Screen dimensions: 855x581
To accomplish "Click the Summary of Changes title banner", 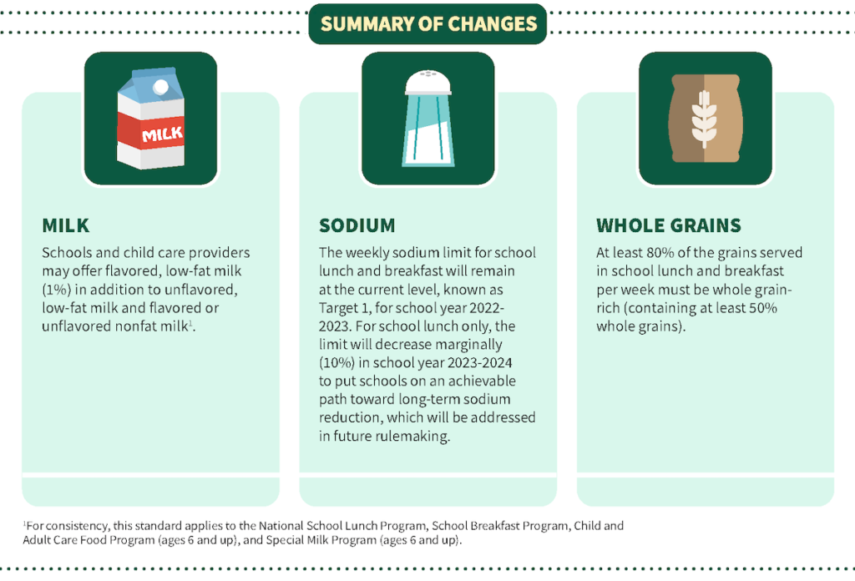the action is [x=427, y=24].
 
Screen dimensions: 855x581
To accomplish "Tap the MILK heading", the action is [x=65, y=225].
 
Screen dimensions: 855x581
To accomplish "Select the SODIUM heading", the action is [x=357, y=225].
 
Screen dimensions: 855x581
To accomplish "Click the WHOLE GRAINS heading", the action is [x=669, y=225].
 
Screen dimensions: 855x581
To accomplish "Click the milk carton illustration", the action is [x=150, y=119].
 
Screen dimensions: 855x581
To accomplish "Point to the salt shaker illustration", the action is [x=428, y=119].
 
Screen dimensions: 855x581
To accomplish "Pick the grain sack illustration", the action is [x=705, y=119].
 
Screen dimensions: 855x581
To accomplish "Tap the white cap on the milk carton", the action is [x=161, y=87].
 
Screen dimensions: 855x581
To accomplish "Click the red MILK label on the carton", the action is [x=150, y=133].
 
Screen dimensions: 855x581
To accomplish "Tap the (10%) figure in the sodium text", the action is [x=337, y=363].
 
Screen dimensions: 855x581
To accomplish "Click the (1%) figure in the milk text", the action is [x=57, y=290].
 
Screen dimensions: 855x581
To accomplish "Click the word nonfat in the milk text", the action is [x=131, y=326].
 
